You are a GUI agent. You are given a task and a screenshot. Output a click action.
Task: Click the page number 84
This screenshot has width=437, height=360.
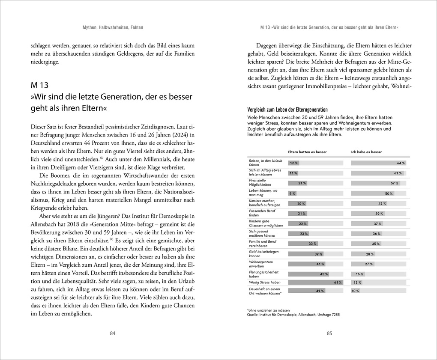point(113,333)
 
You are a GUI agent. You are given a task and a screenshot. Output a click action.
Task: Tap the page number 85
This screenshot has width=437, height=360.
point(329,333)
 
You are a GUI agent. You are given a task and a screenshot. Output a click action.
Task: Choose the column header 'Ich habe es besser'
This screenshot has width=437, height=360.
point(366,152)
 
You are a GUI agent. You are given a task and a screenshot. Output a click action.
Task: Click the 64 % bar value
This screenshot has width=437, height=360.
point(401,163)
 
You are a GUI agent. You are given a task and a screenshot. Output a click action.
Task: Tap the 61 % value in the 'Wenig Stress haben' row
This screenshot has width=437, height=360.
point(338,283)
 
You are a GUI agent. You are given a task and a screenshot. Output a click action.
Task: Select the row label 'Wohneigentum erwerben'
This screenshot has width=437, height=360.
point(260,264)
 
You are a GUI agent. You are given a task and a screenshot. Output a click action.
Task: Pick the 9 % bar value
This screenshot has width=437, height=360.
point(292,193)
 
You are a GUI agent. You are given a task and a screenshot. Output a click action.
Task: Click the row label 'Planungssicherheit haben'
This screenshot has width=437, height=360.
point(264,274)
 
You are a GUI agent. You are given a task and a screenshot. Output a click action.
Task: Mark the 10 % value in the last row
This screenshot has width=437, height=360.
point(355,291)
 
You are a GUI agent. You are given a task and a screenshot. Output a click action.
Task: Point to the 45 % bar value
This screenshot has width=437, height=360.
point(323,274)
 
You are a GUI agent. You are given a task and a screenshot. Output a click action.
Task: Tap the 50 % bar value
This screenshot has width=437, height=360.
point(389,193)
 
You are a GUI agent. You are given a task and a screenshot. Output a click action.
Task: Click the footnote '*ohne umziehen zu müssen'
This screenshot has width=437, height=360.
point(268,310)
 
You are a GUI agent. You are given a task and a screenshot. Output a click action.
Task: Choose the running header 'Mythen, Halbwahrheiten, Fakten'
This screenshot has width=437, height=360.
point(113,27)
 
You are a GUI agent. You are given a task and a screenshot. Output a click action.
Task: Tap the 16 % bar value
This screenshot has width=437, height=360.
point(359,274)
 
